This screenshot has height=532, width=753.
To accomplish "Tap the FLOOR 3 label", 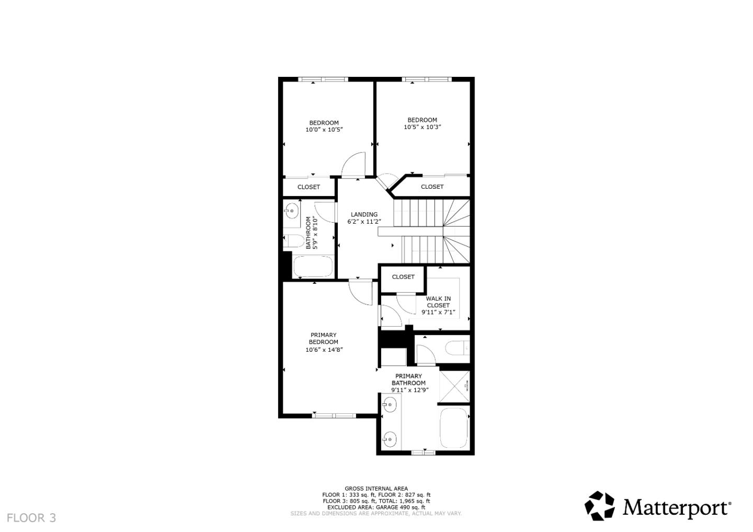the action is [x=31, y=518].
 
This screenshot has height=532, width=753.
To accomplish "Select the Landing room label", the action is [x=364, y=214].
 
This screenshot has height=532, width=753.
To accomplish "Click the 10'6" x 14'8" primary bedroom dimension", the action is [x=324, y=350].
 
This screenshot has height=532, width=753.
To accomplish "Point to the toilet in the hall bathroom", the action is [x=294, y=241].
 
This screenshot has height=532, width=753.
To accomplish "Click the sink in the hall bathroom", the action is [x=291, y=211].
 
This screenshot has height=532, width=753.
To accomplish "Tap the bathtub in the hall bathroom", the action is [x=313, y=267].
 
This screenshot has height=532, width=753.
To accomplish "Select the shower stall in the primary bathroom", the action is [x=454, y=387].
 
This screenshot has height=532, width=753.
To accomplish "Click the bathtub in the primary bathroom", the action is [x=454, y=428].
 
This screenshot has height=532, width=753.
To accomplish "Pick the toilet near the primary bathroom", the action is [x=458, y=348].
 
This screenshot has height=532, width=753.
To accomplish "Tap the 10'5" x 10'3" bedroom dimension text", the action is [x=422, y=127].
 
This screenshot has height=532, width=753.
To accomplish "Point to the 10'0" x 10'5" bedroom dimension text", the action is [x=324, y=130].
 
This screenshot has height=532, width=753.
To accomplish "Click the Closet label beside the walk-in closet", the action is [x=403, y=277].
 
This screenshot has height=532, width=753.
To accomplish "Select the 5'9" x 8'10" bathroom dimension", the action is [x=315, y=233].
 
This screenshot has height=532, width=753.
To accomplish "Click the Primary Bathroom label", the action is [x=408, y=379].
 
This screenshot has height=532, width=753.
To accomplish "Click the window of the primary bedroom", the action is [x=334, y=416].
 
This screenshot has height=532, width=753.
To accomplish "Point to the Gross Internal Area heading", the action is [x=376, y=489].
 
